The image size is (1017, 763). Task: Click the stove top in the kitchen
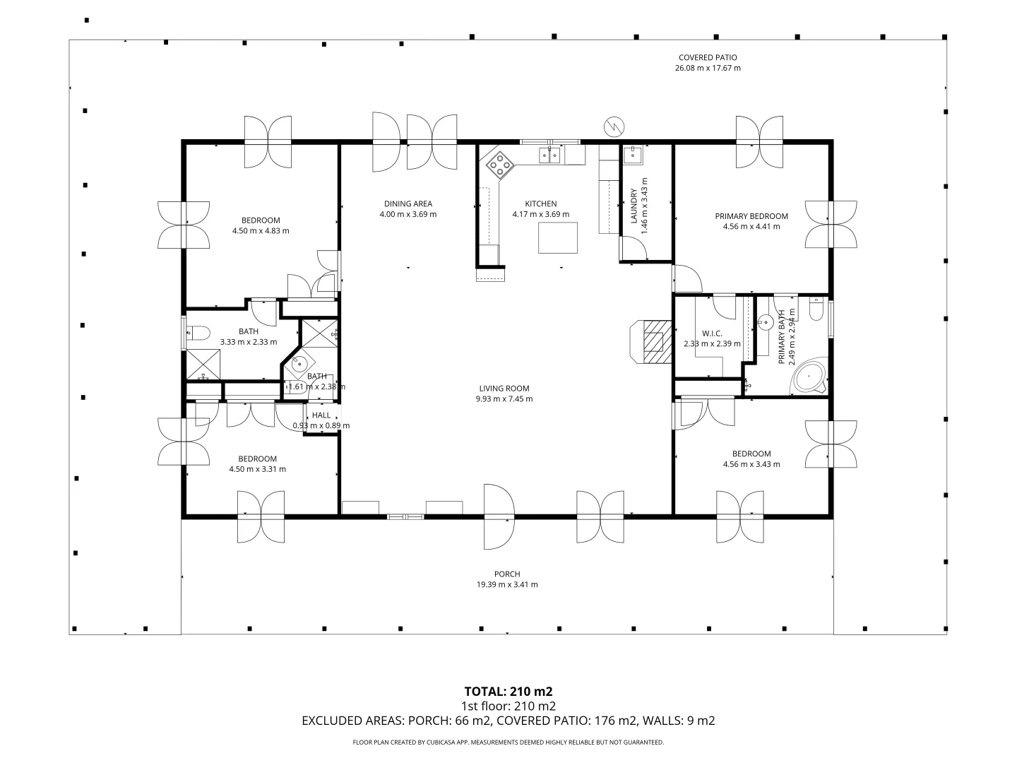tap(501, 165)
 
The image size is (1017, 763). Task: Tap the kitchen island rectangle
tap(557, 237)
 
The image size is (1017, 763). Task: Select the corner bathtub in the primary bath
tap(809, 376)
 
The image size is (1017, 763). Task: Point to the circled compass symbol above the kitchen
tap(614, 126)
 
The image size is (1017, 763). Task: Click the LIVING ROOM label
tap(504, 389)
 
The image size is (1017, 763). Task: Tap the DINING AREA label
tap(408, 203)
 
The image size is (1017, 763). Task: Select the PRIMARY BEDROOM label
tap(751, 216)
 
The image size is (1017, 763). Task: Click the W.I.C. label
tap(712, 333)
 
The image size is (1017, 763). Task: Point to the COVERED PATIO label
tap(708, 57)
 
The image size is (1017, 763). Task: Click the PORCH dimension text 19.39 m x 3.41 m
tap(507, 585)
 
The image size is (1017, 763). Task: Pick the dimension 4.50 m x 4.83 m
tap(261, 231)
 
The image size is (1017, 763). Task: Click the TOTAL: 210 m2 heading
tap(509, 692)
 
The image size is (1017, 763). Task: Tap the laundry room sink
tap(632, 155)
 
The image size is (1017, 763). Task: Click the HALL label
tap(321, 415)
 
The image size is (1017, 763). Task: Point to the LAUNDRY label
tap(634, 206)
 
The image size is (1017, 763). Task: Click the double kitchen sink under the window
tap(550, 155)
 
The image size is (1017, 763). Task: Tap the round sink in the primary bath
tap(766, 322)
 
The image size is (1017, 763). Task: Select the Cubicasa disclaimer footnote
tap(509, 742)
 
